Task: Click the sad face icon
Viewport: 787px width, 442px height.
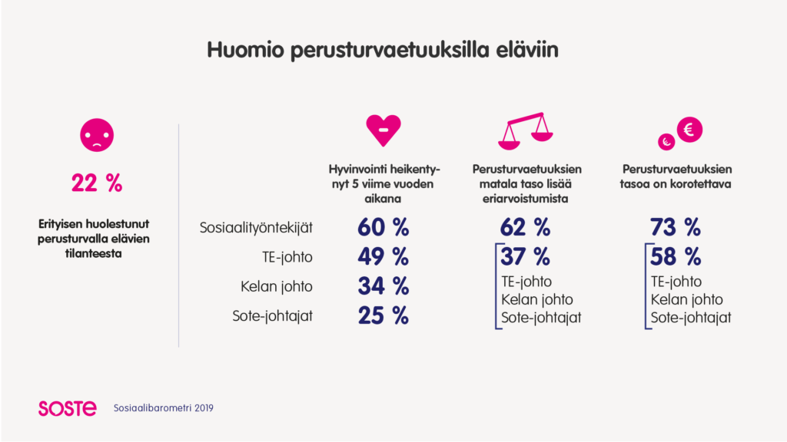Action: (97, 135)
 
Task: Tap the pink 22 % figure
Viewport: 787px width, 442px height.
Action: (97, 183)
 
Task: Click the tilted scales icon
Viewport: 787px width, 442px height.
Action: (526, 131)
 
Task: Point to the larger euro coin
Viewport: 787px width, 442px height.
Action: (689, 130)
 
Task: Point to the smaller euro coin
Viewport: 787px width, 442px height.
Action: (666, 142)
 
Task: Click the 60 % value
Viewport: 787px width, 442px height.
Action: (384, 227)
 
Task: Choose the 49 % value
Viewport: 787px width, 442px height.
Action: (384, 256)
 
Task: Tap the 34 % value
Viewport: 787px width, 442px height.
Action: (384, 286)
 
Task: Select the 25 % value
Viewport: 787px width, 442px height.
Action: (384, 315)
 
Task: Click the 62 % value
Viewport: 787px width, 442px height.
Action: (526, 227)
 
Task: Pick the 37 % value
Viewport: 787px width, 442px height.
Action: (526, 256)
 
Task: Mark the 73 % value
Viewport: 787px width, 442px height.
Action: (676, 227)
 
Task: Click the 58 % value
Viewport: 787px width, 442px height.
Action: (676, 256)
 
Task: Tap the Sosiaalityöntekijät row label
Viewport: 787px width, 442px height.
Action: (256, 228)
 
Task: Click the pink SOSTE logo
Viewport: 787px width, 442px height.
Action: (68, 408)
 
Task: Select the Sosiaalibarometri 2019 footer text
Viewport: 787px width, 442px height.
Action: (164, 408)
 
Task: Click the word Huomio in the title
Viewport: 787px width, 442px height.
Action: (245, 50)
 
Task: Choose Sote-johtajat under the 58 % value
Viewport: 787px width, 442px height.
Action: (691, 318)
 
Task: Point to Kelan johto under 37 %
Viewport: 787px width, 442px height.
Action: (537, 300)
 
